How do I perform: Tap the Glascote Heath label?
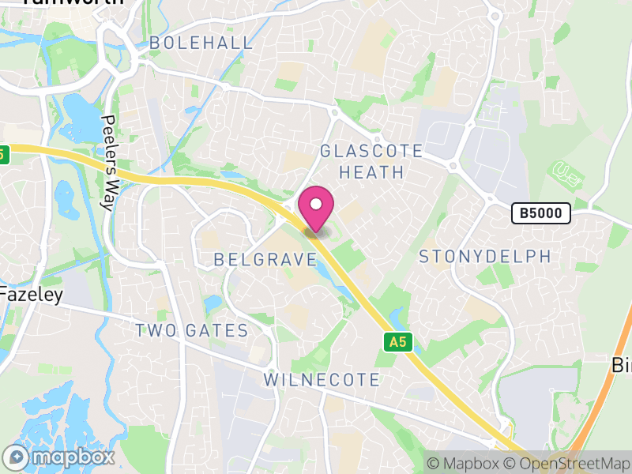pos(371,161)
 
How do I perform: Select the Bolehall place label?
pos(201,43)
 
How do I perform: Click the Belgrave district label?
pos(265,259)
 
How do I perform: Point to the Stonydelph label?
pos(484,257)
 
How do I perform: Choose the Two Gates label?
pos(192,331)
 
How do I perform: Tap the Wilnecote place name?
pos(322,380)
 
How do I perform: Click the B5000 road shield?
pos(540,213)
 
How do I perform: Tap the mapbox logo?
pos(59,457)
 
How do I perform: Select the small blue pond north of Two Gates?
pos(211,303)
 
